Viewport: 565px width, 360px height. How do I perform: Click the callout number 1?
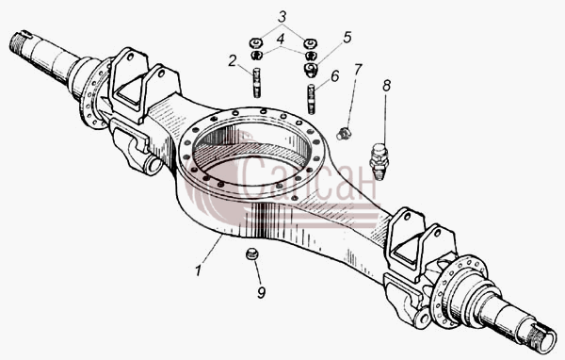(198, 270)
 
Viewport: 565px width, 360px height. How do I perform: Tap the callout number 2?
(233, 61)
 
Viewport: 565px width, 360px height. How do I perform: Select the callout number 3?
(282, 17)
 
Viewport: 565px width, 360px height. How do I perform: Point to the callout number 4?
(281, 40)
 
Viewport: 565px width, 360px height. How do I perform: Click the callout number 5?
(347, 38)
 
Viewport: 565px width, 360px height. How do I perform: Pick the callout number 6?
(334, 76)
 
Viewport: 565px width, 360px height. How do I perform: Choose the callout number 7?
(357, 69)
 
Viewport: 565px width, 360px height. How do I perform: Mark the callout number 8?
(386, 86)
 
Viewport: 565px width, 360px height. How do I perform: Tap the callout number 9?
(262, 292)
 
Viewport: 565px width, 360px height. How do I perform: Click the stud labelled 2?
(256, 83)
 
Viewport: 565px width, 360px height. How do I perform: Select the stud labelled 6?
(312, 99)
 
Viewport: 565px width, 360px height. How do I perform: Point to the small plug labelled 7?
(344, 133)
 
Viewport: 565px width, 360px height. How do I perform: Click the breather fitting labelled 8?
(379, 161)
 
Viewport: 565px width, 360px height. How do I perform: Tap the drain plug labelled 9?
(252, 254)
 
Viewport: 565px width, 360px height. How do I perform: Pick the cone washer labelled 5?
(311, 70)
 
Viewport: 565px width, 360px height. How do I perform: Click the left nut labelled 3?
(255, 43)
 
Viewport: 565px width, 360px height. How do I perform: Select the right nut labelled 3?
(310, 43)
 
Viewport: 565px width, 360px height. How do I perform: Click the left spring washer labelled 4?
(256, 56)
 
